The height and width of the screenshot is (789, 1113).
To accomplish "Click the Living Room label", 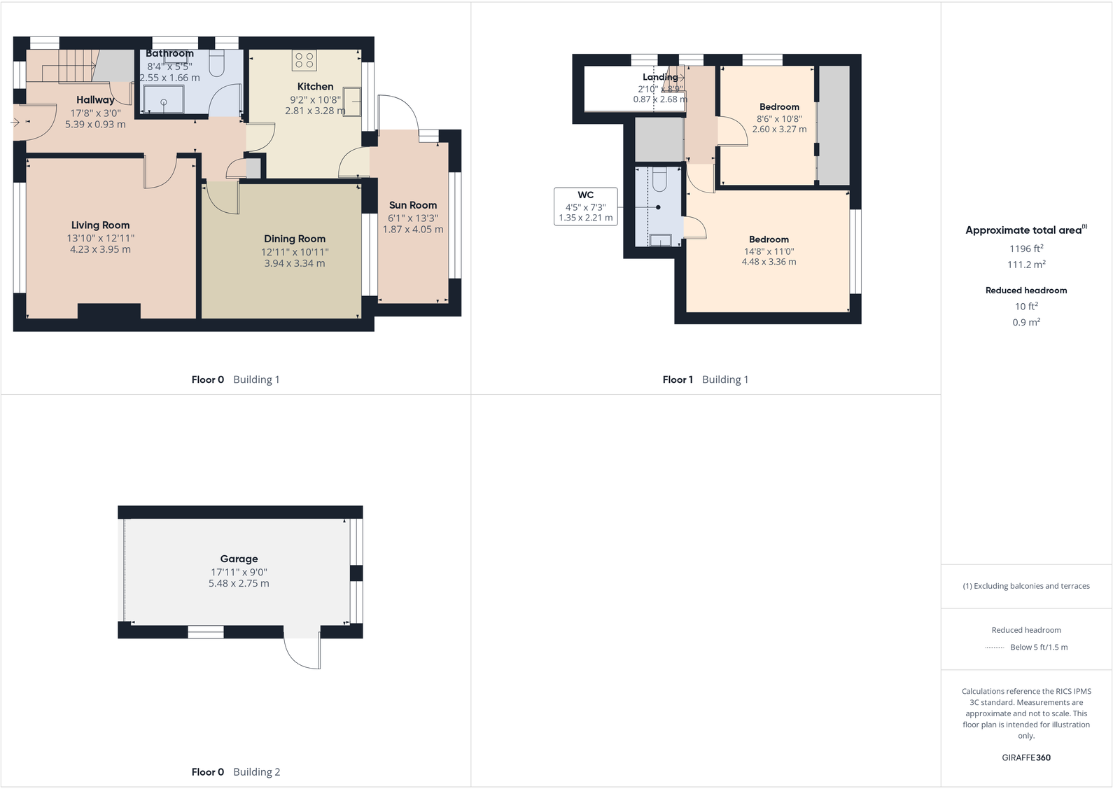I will (100, 225).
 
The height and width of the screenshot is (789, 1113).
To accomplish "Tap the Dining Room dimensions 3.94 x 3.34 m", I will (294, 264).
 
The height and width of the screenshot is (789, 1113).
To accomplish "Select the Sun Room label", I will (413, 205).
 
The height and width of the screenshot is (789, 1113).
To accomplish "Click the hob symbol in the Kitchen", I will (304, 60).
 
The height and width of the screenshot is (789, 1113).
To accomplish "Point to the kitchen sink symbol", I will (351, 102).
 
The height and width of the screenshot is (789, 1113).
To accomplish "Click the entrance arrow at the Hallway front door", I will (16, 123).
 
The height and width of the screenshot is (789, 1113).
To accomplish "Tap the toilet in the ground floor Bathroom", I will (217, 64).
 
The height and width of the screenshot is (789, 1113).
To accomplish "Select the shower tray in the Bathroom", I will (163, 99).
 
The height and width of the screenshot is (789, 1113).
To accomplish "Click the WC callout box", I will (586, 207).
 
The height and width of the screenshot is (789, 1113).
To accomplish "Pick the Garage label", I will (239, 559).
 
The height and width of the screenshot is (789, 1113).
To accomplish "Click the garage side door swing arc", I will (301, 655).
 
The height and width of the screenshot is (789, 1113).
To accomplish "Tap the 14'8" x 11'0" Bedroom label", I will (769, 239).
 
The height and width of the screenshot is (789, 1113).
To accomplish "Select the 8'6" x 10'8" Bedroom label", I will (779, 107).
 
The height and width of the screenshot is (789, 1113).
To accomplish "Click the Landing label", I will (660, 77).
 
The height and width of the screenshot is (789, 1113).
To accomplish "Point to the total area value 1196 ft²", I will (1026, 249).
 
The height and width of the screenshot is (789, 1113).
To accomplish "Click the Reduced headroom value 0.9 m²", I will (1026, 323).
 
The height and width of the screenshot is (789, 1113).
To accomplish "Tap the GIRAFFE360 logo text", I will (1026, 757).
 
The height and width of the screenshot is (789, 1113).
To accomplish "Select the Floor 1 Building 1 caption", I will (705, 379).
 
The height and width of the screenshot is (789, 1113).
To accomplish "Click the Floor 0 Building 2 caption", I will (235, 771).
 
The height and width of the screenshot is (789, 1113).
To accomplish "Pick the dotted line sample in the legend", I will (994, 648).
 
